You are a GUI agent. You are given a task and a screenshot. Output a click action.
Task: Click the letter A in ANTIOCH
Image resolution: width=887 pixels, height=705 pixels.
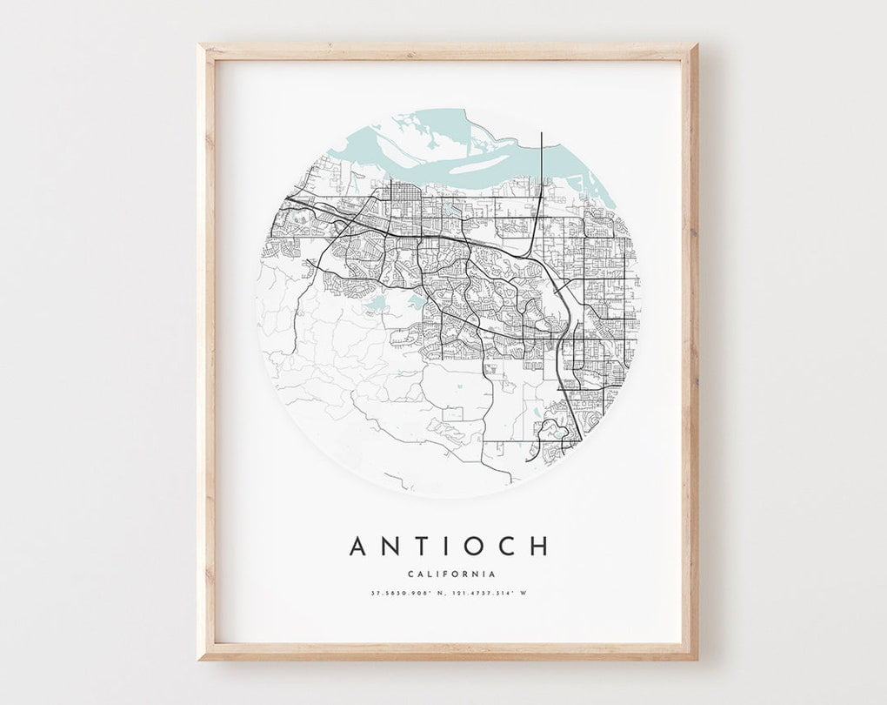359,547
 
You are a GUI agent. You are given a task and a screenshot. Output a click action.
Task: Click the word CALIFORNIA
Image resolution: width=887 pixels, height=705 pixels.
450,574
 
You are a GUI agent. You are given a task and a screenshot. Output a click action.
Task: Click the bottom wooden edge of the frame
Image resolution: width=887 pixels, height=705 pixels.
448,652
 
